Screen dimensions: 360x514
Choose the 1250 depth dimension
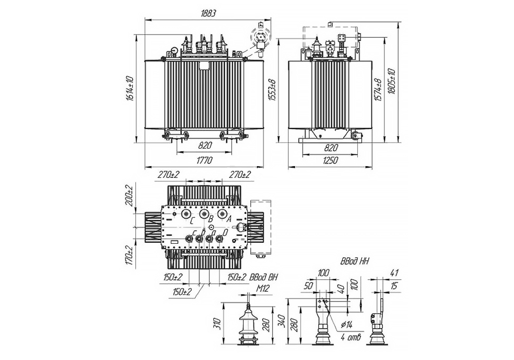pos(331,161)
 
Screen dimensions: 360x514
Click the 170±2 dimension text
pos(129,256)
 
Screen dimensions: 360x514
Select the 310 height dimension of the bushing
pos(217,323)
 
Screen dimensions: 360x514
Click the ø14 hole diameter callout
pos(345,325)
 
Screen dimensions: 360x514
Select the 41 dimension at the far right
pos(394,273)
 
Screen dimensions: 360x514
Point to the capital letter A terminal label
pos(229,219)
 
